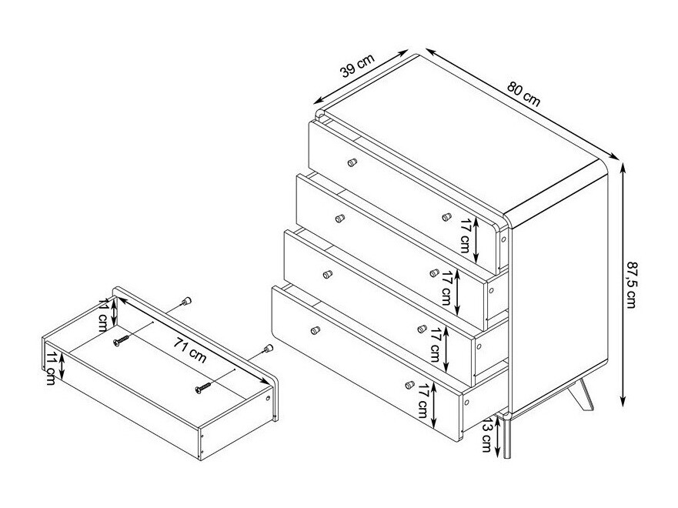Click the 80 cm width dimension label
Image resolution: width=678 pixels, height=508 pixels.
(524, 94)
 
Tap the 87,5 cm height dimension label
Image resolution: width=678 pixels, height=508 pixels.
(633, 285)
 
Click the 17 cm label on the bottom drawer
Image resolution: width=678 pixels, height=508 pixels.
(422, 402)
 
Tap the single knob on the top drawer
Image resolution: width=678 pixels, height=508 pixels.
(352, 162)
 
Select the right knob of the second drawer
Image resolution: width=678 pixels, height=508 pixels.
(446, 217)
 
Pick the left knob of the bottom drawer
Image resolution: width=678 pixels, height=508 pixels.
(314, 330)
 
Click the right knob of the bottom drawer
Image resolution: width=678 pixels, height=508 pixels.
(409, 384)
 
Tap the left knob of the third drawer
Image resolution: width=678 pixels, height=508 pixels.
(327, 274)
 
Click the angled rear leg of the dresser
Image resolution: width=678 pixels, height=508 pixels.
(585, 395)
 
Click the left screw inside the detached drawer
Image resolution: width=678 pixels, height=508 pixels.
(122, 339)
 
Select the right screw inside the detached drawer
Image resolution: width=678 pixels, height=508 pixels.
(203, 387)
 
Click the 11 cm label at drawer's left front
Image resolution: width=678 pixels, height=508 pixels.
(51, 369)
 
